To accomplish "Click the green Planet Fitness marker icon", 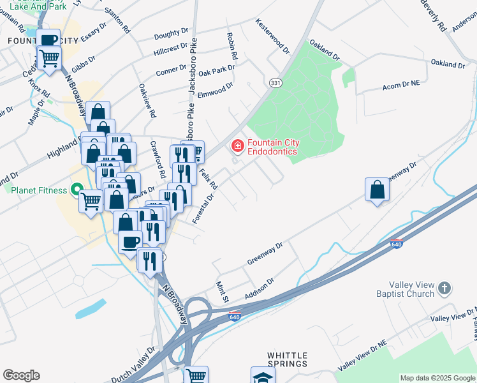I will tap(77, 190).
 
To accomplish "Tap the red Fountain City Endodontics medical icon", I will tap(238, 147).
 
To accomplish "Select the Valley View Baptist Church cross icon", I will tap(444, 289).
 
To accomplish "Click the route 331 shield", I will tap(275, 84).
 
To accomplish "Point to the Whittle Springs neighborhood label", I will tap(287, 359).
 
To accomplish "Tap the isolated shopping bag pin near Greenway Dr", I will tap(377, 190).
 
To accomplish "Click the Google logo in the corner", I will tap(21, 375).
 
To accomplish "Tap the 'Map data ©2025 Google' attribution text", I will tap(437, 378).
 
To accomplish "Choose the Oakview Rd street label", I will tap(147, 101).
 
